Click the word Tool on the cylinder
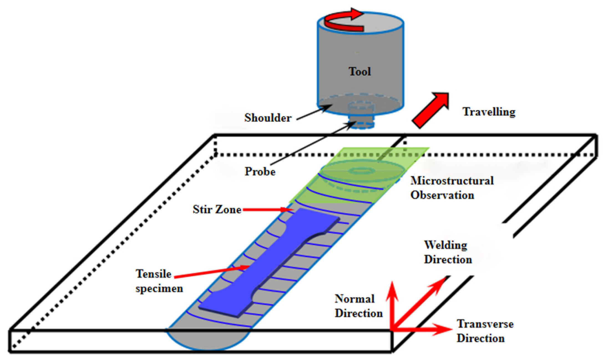[359, 72]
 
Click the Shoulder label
[268, 118]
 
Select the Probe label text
[260, 171]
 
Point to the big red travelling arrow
[430, 110]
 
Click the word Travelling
[489, 112]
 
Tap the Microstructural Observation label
[452, 188]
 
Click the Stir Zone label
[217, 209]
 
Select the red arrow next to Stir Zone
[268, 210]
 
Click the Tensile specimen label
[159, 281]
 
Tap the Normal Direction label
[359, 306]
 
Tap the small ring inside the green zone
[361, 171]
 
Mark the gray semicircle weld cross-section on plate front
[208, 340]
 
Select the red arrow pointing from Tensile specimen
[212, 272]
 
